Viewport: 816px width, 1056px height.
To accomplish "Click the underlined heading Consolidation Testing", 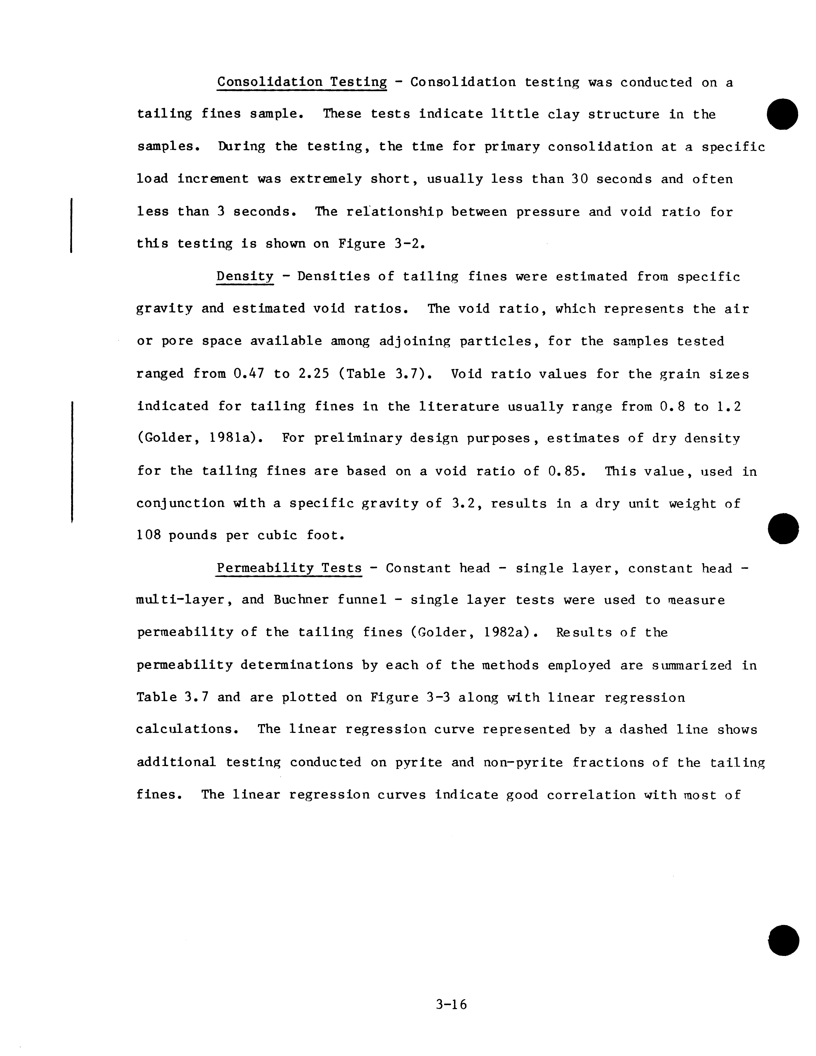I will (x=302, y=82).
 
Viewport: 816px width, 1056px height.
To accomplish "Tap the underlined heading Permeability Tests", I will (x=289, y=568).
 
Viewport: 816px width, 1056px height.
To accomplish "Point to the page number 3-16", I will (x=451, y=1005).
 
